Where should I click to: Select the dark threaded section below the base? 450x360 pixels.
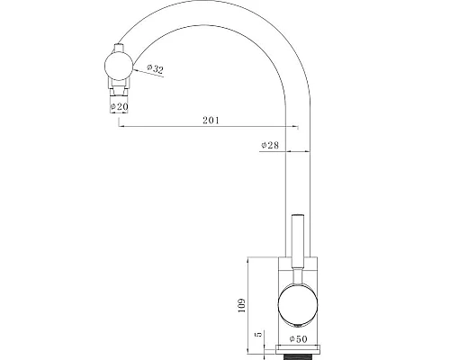pos(297,355)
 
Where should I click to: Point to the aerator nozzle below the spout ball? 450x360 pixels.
pos(118,91)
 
